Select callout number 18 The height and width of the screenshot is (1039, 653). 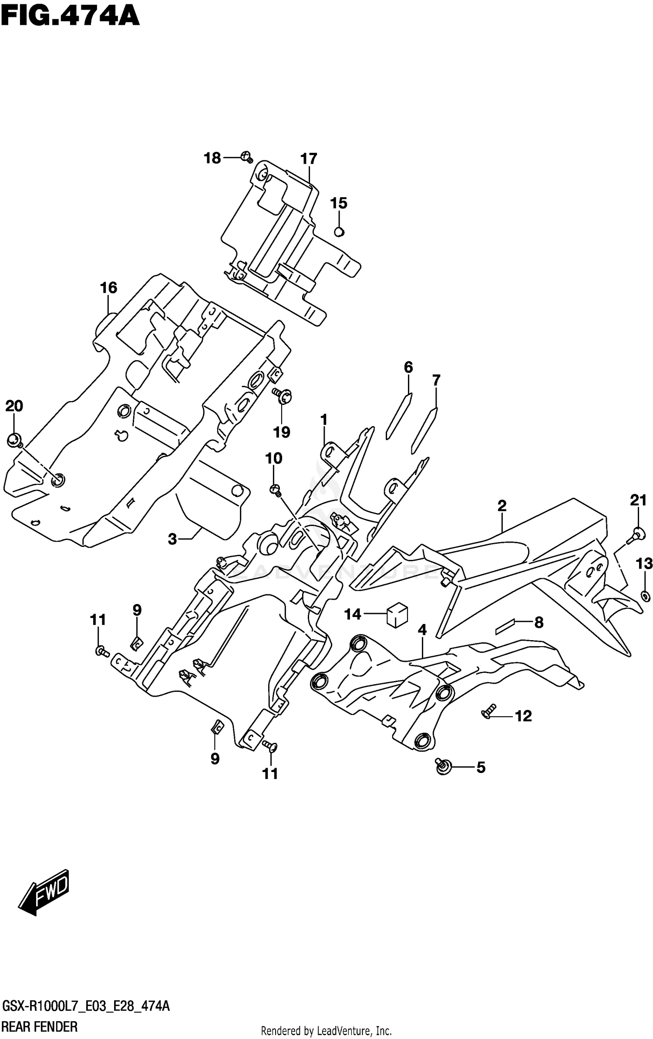coord(212,159)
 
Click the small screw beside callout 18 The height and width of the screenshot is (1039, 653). coord(246,156)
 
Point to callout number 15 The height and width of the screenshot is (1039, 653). coord(338,203)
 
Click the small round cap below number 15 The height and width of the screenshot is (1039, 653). coord(339,232)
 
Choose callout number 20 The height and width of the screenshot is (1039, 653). coord(14,406)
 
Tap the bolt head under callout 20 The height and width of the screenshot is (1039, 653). coord(15,441)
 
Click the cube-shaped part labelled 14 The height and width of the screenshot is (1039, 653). coord(397,616)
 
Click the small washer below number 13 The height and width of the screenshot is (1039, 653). coord(645,596)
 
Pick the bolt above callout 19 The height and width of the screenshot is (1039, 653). coord(282,395)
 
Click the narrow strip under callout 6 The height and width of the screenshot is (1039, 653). coord(399,415)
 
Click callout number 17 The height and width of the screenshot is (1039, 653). coord(309,159)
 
